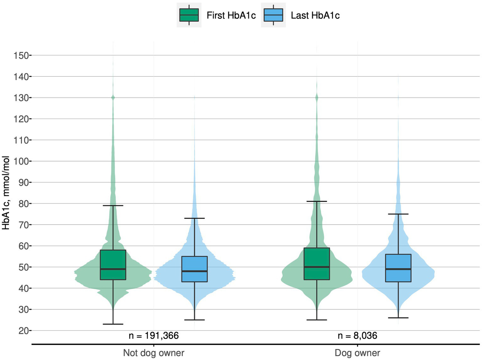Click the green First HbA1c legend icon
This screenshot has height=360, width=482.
[189, 15]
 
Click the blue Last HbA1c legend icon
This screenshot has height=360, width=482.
[273, 15]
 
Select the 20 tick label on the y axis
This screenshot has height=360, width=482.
[23, 331]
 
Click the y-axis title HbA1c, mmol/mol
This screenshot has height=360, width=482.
[6, 193]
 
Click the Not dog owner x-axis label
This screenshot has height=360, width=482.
[154, 353]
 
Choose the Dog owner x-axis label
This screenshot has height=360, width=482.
[357, 353]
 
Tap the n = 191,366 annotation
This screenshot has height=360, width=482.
[154, 335]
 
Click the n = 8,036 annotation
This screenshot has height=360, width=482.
[357, 335]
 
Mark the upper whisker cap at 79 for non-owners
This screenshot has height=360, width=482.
[113, 205]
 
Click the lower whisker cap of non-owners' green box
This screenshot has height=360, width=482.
[113, 324]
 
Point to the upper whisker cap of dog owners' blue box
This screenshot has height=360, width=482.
[398, 214]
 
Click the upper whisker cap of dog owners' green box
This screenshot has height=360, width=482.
[317, 201]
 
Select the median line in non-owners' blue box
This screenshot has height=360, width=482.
[194, 271]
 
